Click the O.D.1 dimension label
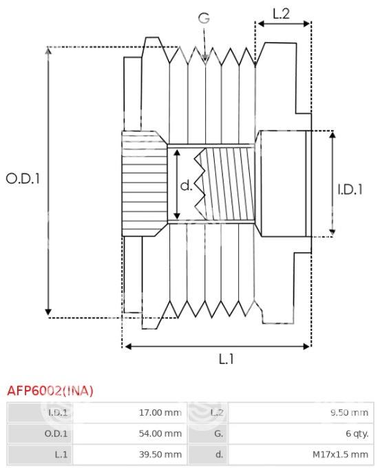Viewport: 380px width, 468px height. pos(23,179)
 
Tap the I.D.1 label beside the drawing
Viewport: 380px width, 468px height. pos(350,190)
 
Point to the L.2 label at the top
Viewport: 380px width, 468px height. pos(282,13)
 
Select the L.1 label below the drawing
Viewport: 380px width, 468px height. pos(226,358)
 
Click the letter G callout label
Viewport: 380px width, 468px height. pos(204,18)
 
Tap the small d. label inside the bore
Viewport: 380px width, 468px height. pos(187,185)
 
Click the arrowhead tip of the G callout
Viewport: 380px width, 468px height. pos(205,61)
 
